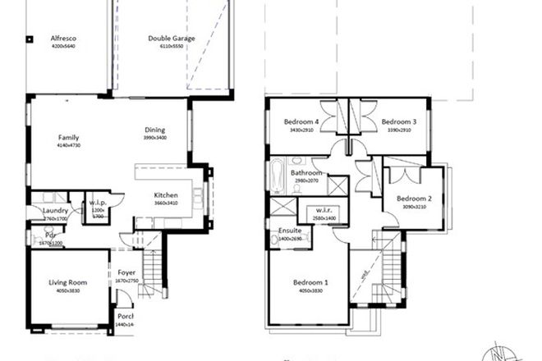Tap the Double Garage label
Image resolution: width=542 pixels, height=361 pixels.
(170, 39)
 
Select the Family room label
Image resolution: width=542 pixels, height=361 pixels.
(68, 137)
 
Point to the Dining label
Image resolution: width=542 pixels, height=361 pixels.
(154, 130)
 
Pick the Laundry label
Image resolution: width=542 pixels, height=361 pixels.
(55, 210)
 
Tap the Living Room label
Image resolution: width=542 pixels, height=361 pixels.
(67, 282)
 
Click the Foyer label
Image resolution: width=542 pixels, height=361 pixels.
(127, 273)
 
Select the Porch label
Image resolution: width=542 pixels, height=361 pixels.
(126, 317)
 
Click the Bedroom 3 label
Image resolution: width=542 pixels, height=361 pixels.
(399, 122)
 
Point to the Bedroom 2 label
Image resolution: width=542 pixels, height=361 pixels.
(414, 198)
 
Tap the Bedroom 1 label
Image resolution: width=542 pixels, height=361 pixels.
(311, 283)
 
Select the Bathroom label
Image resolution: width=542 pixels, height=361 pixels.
(306, 174)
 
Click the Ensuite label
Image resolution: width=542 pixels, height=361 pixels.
(290, 231)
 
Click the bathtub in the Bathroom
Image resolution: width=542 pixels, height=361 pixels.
(277, 174)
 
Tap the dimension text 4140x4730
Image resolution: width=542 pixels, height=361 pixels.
(68, 145)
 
